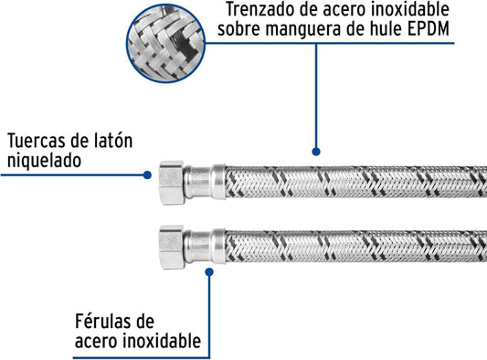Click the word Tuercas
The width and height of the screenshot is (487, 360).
[x=36, y=141]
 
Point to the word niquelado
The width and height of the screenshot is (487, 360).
[x=44, y=161]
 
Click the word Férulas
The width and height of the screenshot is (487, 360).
[x=114, y=322]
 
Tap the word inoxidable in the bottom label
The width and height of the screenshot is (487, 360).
[x=162, y=341]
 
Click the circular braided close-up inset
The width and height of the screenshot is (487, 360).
[x=165, y=43]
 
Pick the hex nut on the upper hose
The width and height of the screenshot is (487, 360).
[x=172, y=183]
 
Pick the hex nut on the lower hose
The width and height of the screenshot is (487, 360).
[x=172, y=248]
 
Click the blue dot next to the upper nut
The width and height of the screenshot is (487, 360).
[x=147, y=175]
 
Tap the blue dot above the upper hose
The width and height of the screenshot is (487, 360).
[x=316, y=152]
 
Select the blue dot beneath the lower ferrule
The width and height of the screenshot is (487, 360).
[x=209, y=272]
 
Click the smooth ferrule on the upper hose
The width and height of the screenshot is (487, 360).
[x=205, y=183]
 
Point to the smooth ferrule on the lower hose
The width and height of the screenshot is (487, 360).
[x=205, y=247]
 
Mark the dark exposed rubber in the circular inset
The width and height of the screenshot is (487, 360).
[x=185, y=44]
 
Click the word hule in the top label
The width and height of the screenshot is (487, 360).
[x=384, y=29]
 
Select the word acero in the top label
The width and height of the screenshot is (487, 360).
[x=344, y=10]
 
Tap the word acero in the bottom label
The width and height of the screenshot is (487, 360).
[x=96, y=342]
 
